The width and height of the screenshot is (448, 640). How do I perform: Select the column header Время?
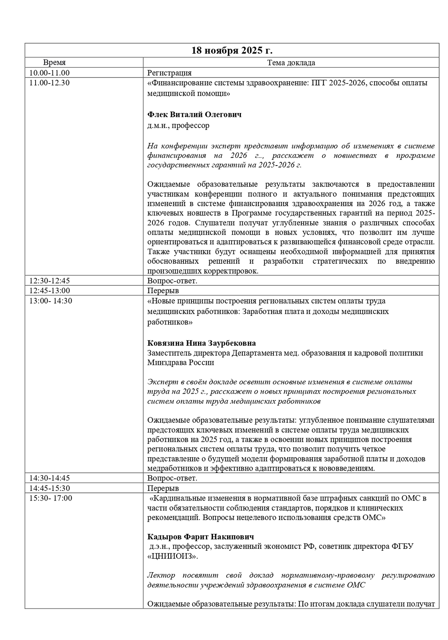(x=54, y=63)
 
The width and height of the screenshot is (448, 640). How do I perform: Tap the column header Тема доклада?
(x=291, y=63)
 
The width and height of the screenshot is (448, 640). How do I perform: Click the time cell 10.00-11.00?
(x=49, y=73)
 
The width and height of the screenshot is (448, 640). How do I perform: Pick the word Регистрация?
(x=170, y=73)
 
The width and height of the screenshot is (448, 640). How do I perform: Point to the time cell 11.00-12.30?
(x=49, y=83)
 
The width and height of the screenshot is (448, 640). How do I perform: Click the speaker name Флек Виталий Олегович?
(x=195, y=115)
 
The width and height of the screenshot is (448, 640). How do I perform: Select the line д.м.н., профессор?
(x=178, y=125)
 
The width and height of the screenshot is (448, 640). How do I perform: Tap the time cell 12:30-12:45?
(x=50, y=281)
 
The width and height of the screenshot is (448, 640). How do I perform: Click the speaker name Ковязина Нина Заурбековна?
(x=202, y=343)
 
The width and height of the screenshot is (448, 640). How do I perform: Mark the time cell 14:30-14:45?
(x=50, y=478)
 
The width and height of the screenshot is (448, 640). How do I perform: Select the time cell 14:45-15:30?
(x=50, y=488)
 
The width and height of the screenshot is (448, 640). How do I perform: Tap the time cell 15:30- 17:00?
(x=51, y=498)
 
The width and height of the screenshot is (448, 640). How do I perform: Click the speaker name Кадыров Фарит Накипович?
(x=201, y=537)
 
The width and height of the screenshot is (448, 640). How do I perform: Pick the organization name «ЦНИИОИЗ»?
(x=173, y=556)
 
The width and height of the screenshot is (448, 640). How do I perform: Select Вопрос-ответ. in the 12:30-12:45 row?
(x=172, y=281)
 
